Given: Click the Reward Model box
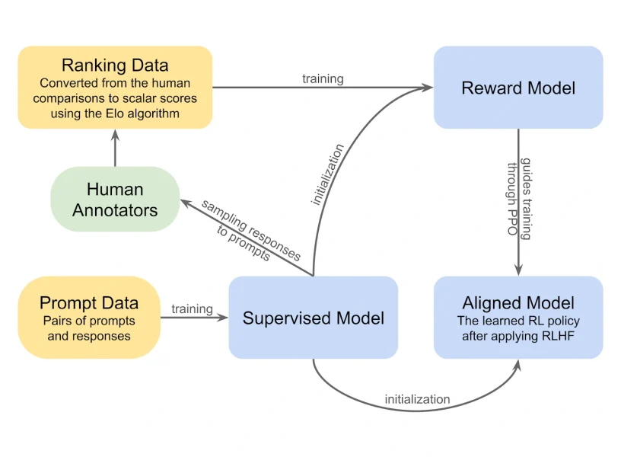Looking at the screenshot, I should tap(517, 88).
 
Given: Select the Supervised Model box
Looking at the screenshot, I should tap(313, 318).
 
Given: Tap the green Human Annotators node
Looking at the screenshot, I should tap(115, 199).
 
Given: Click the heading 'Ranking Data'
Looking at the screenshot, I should tap(115, 65).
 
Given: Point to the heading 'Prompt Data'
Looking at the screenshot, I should tap(89, 303).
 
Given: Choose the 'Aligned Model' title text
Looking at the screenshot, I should tap(518, 303).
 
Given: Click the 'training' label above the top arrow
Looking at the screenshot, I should tap(323, 78).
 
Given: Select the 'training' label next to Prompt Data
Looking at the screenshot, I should tap(192, 308).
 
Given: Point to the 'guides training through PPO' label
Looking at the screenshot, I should tap(518, 200).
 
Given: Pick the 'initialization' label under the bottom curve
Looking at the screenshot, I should tap(417, 399).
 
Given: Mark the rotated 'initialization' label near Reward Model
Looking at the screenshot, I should tap(328, 175).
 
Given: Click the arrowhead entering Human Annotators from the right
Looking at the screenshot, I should tap(184, 203).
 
